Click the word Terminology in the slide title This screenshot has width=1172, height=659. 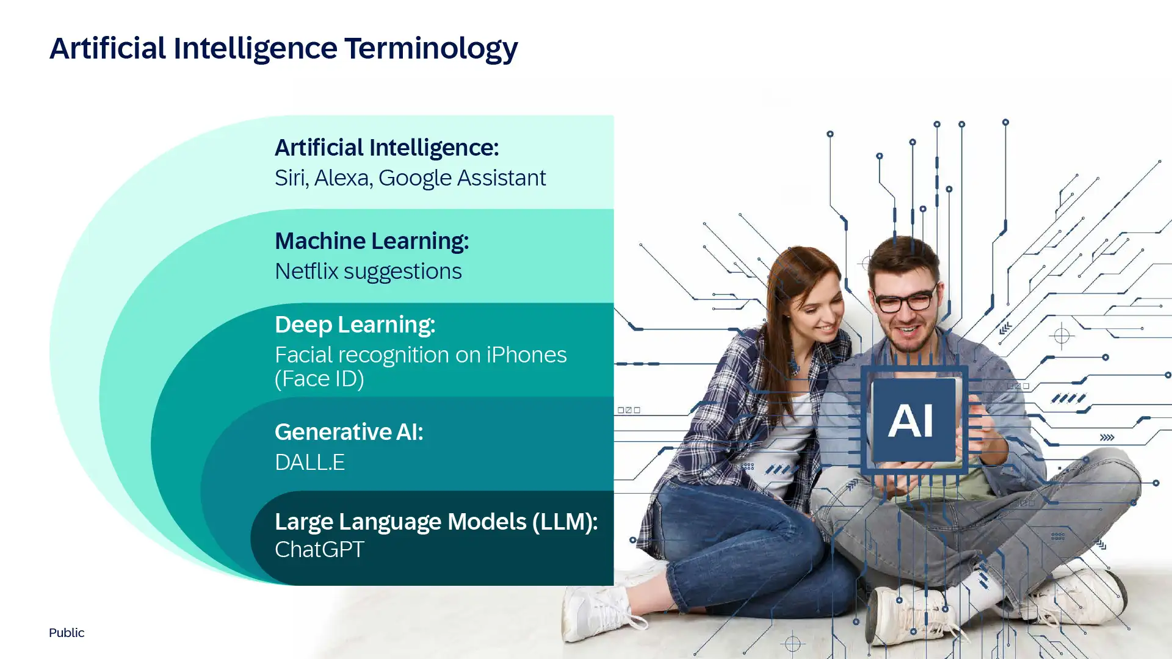tap(431, 49)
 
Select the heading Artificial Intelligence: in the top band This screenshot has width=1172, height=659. tap(387, 148)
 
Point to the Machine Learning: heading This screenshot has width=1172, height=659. tap(372, 241)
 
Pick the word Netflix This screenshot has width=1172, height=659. tap(306, 271)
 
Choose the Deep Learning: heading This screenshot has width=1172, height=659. tap(355, 325)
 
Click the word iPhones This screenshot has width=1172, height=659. tap(527, 355)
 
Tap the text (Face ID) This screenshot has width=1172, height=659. tap(319, 379)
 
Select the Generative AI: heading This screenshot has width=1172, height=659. tap(349, 432)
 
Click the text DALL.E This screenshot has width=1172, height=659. tap(309, 463)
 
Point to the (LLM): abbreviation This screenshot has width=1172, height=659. tap(565, 522)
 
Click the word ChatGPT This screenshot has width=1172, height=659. tap(319, 549)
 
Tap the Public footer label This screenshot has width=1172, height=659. tap(67, 633)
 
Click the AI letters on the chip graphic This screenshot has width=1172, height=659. tap(911, 420)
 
